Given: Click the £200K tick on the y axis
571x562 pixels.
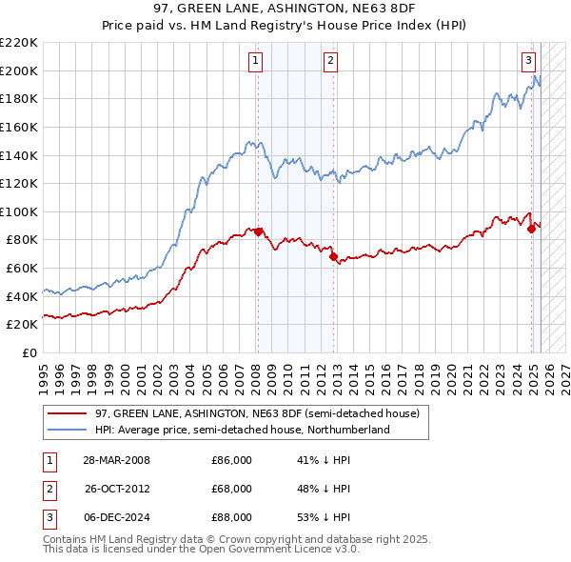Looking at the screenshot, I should point(19,70).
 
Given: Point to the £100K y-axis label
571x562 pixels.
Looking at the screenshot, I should point(19,211).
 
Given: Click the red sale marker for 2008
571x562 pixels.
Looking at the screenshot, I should point(258,231).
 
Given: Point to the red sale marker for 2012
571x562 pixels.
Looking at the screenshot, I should point(333,256).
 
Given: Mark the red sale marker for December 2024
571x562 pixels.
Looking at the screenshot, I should point(531,229).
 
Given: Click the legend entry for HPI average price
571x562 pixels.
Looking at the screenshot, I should point(242,431).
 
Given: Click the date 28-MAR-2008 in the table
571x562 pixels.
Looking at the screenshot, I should point(117,460).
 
